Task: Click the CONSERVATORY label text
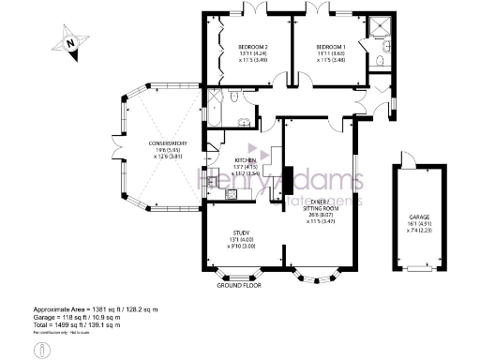click(x=151, y=143)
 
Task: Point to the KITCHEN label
click(x=246, y=160)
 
